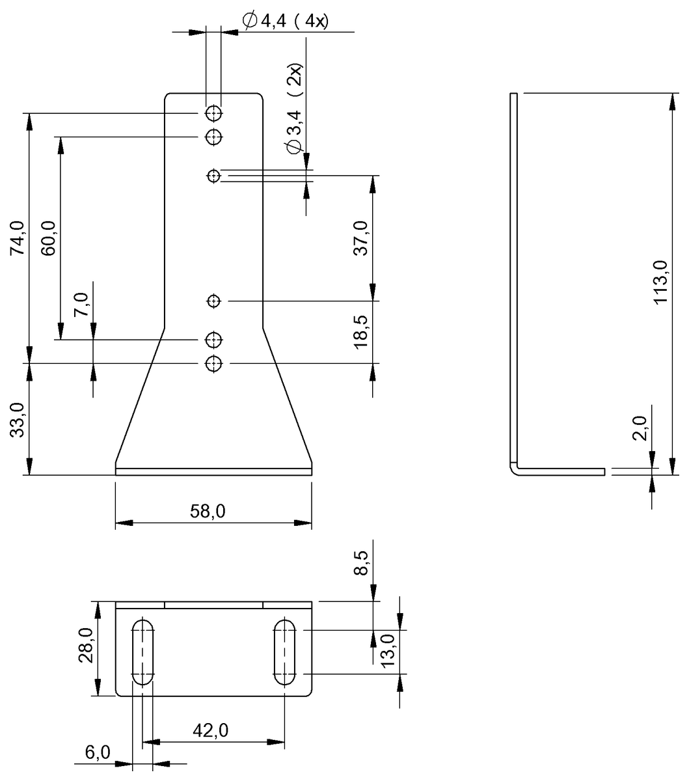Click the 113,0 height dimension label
pos(660,282)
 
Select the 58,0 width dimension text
pos(209,512)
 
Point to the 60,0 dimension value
pos(49,238)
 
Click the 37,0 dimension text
pos(361,238)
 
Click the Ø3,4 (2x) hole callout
pos(295,110)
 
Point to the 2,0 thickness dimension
pos(641,430)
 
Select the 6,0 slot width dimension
pos(98,753)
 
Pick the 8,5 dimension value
pos(361,563)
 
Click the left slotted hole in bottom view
pos(143,651)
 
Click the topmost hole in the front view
pos(213,114)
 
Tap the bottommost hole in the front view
pos(213,363)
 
